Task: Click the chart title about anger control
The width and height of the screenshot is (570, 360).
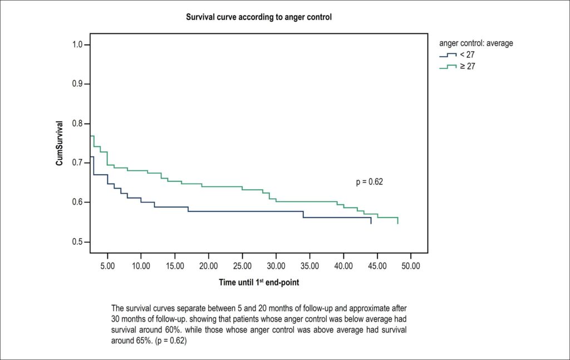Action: [x=259, y=17]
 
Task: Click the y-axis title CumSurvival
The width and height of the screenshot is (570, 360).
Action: [x=59, y=143]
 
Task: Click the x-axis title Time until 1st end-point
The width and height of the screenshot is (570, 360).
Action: [x=259, y=282]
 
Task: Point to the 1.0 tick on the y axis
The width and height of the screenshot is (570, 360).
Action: [x=77, y=45]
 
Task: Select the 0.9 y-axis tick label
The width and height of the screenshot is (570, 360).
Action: [x=77, y=84]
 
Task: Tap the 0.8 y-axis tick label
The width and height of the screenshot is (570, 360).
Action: [x=77, y=124]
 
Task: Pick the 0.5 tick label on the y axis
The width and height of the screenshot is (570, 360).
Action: [x=77, y=242]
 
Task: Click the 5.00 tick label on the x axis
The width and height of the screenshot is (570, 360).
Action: [x=107, y=266]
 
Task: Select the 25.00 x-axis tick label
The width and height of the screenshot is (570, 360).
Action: [x=242, y=266]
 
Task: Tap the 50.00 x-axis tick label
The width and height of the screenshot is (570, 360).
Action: [x=411, y=266]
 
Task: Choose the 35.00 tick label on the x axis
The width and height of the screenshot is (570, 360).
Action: [x=309, y=266]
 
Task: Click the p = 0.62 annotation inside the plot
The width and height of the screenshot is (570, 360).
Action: [x=370, y=181]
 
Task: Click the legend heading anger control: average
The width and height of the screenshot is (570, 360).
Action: [x=476, y=43]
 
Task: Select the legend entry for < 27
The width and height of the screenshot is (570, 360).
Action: [x=457, y=55]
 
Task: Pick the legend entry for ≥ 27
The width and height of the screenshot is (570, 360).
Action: [x=457, y=66]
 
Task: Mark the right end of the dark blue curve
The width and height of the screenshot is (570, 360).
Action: [x=371, y=224]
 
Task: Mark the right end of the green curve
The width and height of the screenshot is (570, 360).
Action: [x=398, y=224]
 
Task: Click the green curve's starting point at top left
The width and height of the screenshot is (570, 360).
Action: [x=91, y=136]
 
